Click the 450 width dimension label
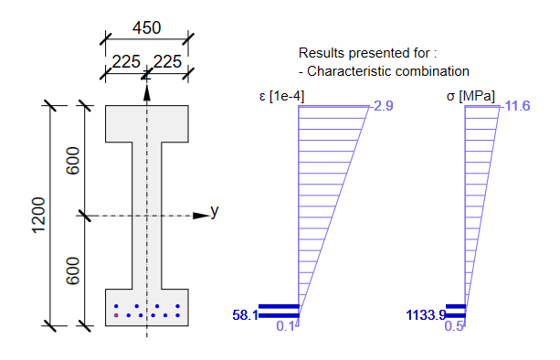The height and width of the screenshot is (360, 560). pos(147,27)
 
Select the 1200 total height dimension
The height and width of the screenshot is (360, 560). pos(39,216)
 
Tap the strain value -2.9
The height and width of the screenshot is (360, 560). pos(382,106)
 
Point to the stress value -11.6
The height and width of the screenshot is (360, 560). pos(517,106)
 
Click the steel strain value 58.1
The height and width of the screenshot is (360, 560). pos(246,315)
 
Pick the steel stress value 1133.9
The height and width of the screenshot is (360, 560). pos(426,315)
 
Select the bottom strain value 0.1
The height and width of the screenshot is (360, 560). pos(286,326)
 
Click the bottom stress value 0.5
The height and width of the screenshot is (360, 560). pos(454,326)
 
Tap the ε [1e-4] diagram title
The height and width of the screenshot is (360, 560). pos(281,96)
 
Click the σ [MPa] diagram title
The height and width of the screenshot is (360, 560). pos(470,96)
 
